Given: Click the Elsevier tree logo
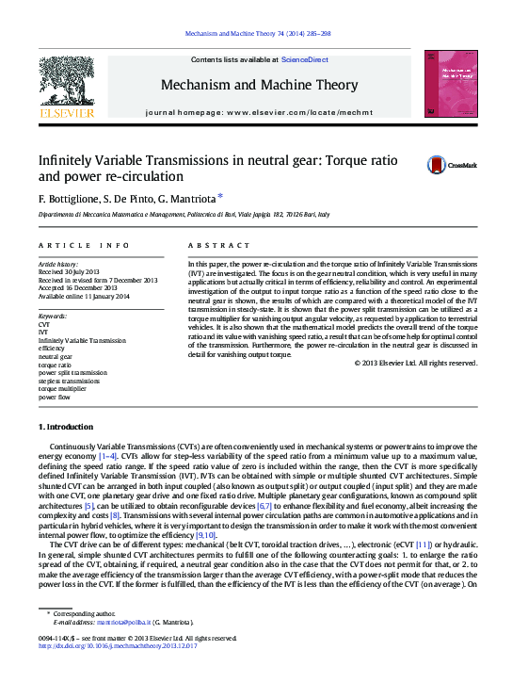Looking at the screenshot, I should point(66,84).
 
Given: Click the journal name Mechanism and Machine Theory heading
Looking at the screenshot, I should point(259,85).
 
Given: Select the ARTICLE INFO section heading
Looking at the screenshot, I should point(84,245).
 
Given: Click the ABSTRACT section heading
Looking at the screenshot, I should point(206,245).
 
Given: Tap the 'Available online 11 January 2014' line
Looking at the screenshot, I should point(84,296).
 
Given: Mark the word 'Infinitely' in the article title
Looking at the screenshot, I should point(66,161).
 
